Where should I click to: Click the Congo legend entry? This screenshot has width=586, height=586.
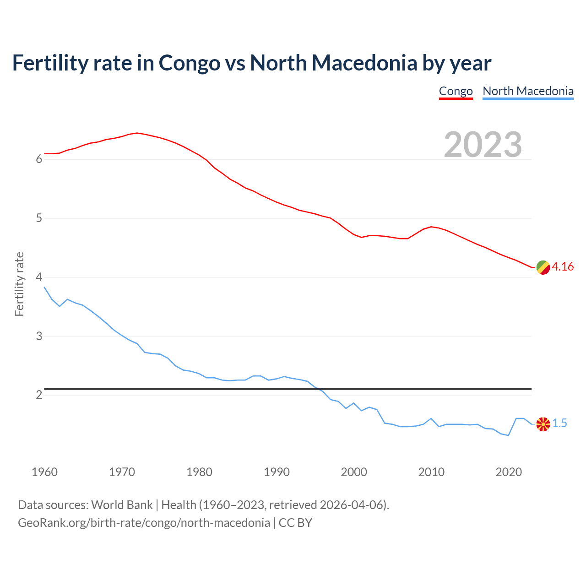(x=456, y=92)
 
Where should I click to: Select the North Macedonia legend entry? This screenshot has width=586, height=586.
(x=528, y=92)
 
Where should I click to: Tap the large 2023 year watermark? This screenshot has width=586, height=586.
(x=483, y=145)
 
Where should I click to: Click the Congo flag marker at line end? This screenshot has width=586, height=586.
(x=543, y=267)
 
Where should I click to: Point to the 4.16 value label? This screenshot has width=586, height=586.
(x=563, y=267)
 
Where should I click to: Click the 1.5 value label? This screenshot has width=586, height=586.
(x=559, y=423)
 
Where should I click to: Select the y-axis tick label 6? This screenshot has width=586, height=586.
(x=39, y=159)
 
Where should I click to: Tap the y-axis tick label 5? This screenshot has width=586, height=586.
(x=39, y=218)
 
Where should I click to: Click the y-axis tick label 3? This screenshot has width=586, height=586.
(x=39, y=336)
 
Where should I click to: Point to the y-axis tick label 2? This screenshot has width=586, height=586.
(x=39, y=395)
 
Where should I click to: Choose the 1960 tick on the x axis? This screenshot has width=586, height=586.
(x=44, y=472)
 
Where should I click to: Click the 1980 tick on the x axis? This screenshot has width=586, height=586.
(x=199, y=472)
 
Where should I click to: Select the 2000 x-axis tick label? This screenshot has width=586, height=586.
(x=354, y=472)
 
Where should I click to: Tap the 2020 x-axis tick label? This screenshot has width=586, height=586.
(x=509, y=472)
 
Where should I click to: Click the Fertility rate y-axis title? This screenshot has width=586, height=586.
(x=19, y=284)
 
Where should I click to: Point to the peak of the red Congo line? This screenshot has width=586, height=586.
(x=137, y=133)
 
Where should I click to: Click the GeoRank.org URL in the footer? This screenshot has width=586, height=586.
(x=144, y=523)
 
